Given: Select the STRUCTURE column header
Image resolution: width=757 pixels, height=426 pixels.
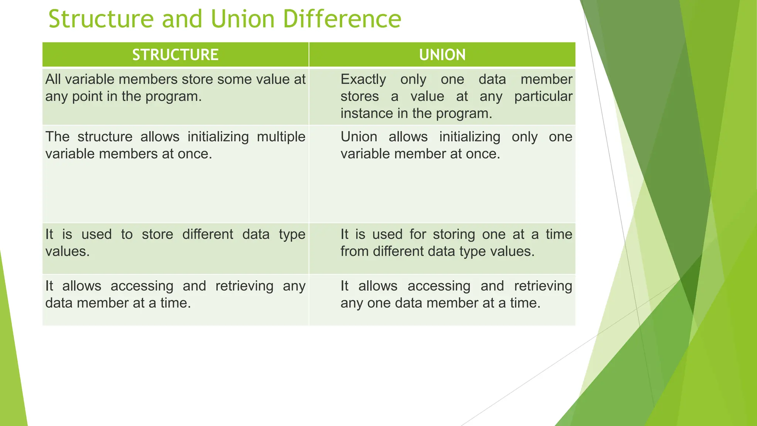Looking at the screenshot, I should [x=175, y=55].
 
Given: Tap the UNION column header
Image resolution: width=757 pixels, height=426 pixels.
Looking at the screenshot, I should [x=442, y=55].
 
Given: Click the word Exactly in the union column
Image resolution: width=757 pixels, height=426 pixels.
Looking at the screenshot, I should [x=363, y=80].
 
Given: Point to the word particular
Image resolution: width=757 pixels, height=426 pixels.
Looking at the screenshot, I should [x=543, y=97].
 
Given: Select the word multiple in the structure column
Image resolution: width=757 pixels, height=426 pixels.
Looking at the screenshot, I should [x=281, y=137].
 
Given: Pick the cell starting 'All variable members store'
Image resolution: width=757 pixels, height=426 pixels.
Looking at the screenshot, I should [x=175, y=96].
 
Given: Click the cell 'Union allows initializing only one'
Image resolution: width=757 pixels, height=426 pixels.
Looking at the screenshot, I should [x=442, y=174].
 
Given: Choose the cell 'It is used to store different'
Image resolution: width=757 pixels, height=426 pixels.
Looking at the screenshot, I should [x=175, y=248].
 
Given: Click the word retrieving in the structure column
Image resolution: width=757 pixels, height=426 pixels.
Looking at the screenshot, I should [x=244, y=286].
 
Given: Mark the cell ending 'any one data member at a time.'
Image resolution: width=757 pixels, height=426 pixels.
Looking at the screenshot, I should [x=442, y=300].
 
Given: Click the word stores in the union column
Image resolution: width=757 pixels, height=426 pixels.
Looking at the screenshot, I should [x=359, y=97].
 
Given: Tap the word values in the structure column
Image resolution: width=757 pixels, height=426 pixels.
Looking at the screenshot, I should [x=67, y=251].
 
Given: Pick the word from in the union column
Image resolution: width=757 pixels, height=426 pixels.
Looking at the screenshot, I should [x=354, y=251].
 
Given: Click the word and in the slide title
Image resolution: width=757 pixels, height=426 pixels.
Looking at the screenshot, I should [x=182, y=19].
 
